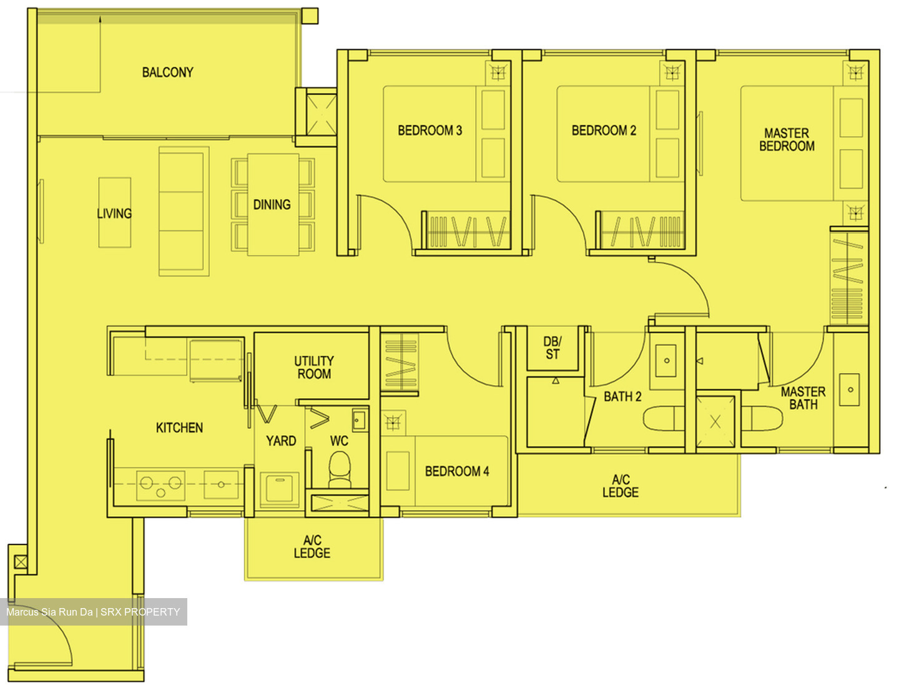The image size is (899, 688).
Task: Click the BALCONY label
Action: coord(167,72)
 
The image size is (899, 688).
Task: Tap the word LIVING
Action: coord(114,214)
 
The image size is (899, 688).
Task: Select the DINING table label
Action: coord(272,205)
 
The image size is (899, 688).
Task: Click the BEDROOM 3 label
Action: coord(430,130)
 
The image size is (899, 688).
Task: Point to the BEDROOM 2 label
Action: coord(604,130)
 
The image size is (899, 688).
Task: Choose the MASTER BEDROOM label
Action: coord(787,140)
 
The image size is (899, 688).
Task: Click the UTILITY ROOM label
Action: coord(314,368)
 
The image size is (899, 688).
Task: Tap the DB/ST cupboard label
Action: coord(553,348)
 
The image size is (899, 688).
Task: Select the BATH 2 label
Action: coord(622,396)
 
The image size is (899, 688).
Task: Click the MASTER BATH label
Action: coord(803,398)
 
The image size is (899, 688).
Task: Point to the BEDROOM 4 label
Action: coord(457,471)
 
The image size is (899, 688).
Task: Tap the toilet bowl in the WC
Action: coord(340,468)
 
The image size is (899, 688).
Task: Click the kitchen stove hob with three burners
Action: coord(160,484)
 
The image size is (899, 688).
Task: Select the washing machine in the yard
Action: coord(280,486)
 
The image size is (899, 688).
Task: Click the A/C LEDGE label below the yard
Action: coord(312,547)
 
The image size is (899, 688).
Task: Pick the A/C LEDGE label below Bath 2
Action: coord(621,486)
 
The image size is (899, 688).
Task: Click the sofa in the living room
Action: coord(184,211)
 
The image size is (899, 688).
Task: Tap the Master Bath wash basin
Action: coord(850,390)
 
